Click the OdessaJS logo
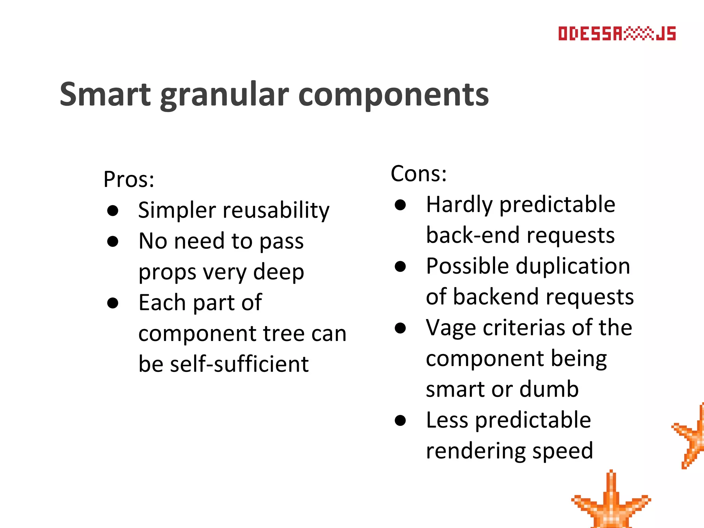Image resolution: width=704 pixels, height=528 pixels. pyautogui.click(x=617, y=34)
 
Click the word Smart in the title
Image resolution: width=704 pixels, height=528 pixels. pyautogui.click(x=105, y=95)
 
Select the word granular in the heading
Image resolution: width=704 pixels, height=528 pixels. pyautogui.click(x=224, y=95)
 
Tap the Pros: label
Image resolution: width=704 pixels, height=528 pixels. pyautogui.click(x=129, y=179)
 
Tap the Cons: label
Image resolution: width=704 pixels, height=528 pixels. pyautogui.click(x=419, y=174)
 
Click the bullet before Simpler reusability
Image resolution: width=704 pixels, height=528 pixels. pyautogui.click(x=113, y=210)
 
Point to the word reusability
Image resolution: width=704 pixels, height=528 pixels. pyautogui.click(x=276, y=210)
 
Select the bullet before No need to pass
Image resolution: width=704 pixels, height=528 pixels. pyautogui.click(x=113, y=241)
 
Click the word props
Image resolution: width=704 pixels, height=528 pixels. pyautogui.click(x=167, y=273)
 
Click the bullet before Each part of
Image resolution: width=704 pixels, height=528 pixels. pyautogui.click(x=113, y=303)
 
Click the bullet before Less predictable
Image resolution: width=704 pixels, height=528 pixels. pyautogui.click(x=400, y=420)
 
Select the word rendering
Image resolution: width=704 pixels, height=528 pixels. pyautogui.click(x=475, y=451)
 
